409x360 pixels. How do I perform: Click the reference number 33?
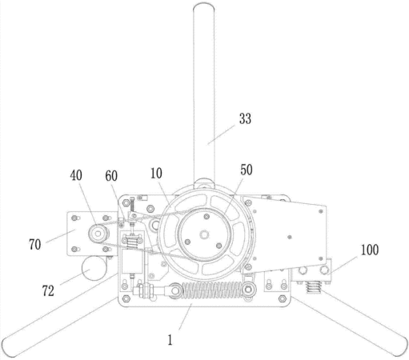[245, 118]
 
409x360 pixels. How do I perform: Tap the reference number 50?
[246, 170]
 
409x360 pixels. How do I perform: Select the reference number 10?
[156, 174]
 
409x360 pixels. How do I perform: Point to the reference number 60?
[111, 176]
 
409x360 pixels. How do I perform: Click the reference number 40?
[76, 175]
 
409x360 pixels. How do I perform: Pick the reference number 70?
[35, 244]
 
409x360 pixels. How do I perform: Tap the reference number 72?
[48, 290]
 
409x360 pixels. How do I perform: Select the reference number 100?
[370, 250]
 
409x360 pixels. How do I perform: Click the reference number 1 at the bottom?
[170, 340]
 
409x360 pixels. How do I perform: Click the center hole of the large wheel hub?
[204, 234]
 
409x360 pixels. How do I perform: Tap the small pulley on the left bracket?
[98, 234]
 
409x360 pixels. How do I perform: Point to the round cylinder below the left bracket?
[94, 268]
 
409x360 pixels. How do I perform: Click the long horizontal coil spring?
[212, 290]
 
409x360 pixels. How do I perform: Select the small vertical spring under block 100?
[314, 287]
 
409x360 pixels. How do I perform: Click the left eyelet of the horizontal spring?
[174, 290]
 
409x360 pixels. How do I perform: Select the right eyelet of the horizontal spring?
[249, 289]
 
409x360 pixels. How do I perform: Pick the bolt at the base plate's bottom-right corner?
[283, 298]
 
